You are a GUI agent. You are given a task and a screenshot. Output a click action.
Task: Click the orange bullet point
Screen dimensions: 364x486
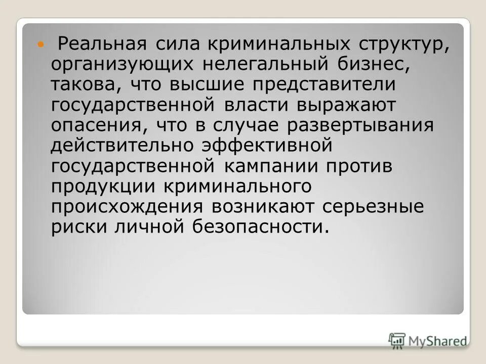click(x=42, y=44)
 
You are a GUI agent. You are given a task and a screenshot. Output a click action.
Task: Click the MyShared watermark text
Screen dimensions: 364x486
click(x=437, y=341)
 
